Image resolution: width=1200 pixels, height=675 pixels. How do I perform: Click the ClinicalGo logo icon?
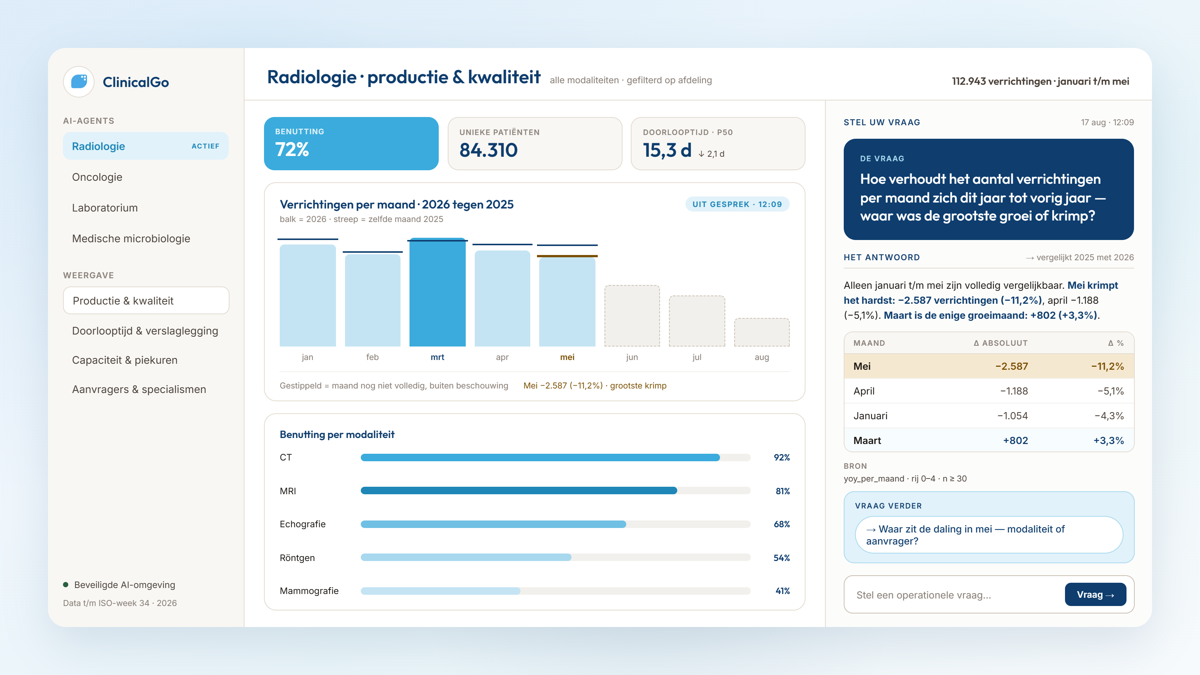click(79, 81)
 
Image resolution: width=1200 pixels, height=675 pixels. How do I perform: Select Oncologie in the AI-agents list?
click(97, 177)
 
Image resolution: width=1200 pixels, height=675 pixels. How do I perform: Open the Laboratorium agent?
click(105, 208)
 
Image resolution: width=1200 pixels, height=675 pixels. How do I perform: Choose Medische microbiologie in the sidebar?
click(131, 238)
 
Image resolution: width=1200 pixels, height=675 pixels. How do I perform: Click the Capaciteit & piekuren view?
click(125, 360)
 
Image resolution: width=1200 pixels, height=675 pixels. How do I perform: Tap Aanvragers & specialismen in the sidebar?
click(139, 390)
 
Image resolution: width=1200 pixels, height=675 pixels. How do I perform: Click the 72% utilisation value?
click(292, 150)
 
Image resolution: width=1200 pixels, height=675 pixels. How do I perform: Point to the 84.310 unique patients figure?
click(488, 150)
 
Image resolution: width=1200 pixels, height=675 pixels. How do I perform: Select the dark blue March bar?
click(437, 292)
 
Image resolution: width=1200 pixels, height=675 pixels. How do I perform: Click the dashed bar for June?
click(631, 316)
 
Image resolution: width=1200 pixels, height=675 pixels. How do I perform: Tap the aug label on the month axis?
click(762, 357)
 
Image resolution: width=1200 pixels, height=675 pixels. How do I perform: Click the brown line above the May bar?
click(567, 256)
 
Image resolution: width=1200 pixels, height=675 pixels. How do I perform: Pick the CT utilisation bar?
click(540, 457)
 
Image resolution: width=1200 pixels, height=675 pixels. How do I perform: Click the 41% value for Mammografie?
click(783, 591)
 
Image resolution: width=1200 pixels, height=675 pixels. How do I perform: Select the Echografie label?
click(303, 524)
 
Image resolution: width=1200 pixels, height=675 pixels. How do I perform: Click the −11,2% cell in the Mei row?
click(1107, 366)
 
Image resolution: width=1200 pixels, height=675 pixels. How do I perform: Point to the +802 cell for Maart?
click(1015, 441)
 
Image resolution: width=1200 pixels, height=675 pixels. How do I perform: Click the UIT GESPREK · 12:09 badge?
click(737, 204)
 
